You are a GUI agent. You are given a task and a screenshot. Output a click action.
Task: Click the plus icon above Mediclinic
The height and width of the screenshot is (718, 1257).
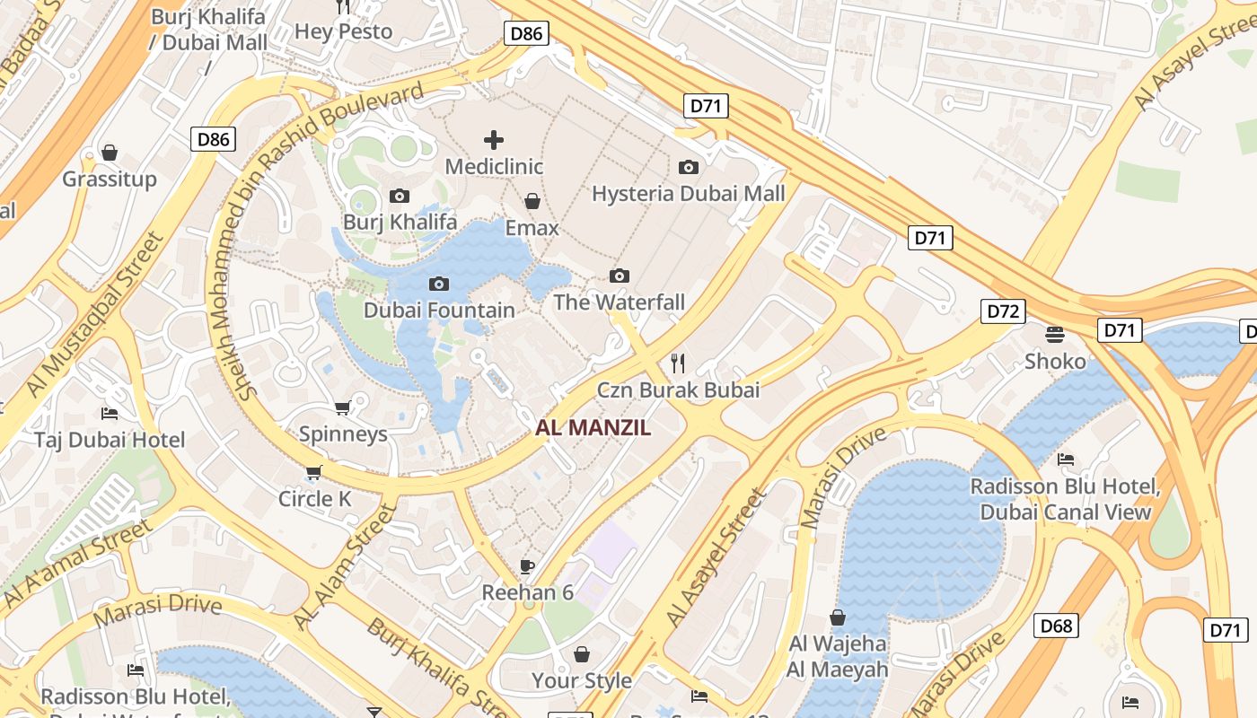click(493, 140)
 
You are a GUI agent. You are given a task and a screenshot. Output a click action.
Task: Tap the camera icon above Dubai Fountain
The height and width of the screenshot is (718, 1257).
click(438, 285)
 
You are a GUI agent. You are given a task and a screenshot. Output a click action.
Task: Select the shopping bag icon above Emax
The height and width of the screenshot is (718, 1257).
click(532, 201)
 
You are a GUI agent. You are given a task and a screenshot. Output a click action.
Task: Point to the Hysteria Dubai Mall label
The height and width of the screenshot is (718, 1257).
click(688, 193)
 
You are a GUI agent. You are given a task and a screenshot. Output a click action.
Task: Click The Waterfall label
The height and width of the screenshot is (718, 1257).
click(619, 302)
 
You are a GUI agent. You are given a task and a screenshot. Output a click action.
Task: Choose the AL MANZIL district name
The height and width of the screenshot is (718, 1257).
click(593, 428)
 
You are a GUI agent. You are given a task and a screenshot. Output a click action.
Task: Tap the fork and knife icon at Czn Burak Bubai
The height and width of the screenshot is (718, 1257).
click(678, 363)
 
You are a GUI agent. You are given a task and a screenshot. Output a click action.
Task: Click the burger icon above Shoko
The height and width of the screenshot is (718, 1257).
click(1055, 335)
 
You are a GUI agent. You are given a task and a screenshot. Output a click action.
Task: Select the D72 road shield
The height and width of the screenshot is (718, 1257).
click(1002, 311)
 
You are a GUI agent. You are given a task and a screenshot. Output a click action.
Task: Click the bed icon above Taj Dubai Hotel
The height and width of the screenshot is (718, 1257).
click(110, 414)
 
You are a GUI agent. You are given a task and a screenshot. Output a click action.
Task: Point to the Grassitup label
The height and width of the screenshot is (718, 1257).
click(110, 179)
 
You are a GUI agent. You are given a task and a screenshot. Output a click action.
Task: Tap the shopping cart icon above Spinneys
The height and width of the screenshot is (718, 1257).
click(342, 408)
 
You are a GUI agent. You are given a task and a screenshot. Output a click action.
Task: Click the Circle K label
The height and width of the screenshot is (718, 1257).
click(314, 498)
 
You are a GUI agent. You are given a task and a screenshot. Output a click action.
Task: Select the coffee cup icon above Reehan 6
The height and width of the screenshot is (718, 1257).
click(527, 566)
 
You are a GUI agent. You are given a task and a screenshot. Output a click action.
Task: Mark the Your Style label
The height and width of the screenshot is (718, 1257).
click(582, 680)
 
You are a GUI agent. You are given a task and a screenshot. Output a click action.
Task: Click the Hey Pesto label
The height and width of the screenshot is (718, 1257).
click(343, 31)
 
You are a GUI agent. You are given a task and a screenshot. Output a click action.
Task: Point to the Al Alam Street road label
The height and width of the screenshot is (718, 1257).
click(345, 567)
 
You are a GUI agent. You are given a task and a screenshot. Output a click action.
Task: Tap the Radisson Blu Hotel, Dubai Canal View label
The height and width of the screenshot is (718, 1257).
click(1065, 500)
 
